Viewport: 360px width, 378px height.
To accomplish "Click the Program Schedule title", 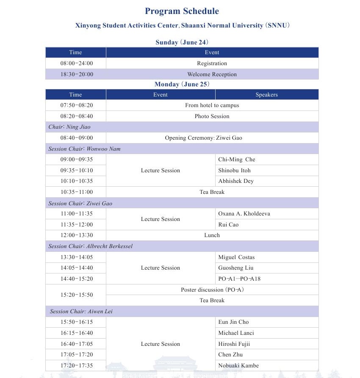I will point(182,11).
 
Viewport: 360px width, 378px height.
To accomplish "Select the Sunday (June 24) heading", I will point(182,42).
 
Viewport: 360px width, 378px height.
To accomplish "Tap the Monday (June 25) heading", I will point(182,84).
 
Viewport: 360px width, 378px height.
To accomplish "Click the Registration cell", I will point(212,63).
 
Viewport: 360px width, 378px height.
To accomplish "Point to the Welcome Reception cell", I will point(212,74).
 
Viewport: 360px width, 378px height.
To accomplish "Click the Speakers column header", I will point(266,95).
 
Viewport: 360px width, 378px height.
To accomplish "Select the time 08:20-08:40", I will point(76,116).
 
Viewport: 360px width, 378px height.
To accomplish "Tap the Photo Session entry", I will point(212,116).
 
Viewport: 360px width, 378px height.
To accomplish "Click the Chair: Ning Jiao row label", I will point(69,127).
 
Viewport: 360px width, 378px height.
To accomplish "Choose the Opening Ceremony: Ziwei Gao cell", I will point(203,138).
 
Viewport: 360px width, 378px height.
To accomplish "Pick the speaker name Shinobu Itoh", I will point(234,171).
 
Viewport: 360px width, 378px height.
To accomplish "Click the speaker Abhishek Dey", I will point(235,181).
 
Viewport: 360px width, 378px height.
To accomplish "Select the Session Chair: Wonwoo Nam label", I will point(84,149).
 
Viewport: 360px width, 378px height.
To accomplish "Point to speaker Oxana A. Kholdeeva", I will point(244,214).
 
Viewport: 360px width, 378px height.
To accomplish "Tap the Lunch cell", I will point(212,235).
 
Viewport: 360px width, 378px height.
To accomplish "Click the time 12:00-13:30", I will point(76,235).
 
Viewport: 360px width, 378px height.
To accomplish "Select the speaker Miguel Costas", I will point(236,257).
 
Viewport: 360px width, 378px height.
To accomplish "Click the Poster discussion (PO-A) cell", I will point(212,290).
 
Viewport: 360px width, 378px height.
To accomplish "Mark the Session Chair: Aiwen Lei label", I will point(81,312).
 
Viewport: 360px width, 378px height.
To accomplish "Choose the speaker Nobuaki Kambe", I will point(238,366).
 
